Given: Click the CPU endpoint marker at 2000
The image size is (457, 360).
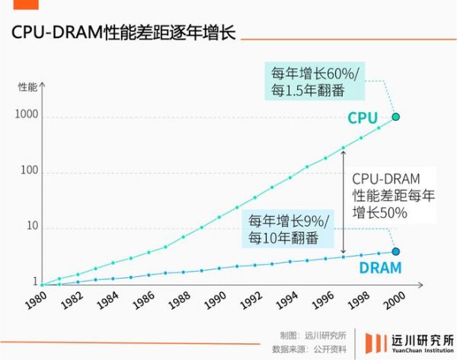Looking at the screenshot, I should coord(395,116).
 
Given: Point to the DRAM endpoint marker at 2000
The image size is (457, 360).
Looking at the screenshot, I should coord(395,252).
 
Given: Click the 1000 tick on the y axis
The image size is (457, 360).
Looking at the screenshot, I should coord(25,117).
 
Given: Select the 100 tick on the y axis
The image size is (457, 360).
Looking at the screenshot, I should coord(28,173).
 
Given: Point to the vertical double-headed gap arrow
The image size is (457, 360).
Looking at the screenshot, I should coord(344,201).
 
